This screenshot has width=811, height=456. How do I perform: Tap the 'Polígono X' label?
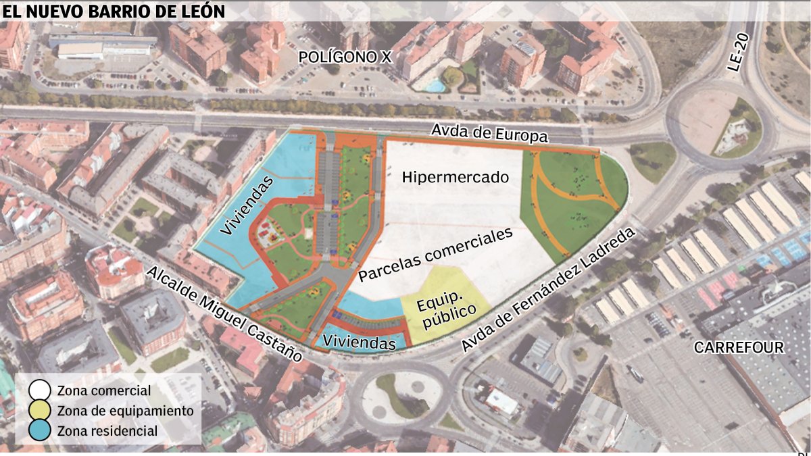click(345, 58)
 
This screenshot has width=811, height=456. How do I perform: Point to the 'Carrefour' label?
click(739, 348)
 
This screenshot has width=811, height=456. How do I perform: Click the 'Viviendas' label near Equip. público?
click(359, 343)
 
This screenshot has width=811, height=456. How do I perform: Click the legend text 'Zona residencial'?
click(107, 431)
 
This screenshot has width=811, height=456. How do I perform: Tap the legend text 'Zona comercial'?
click(104, 390)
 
